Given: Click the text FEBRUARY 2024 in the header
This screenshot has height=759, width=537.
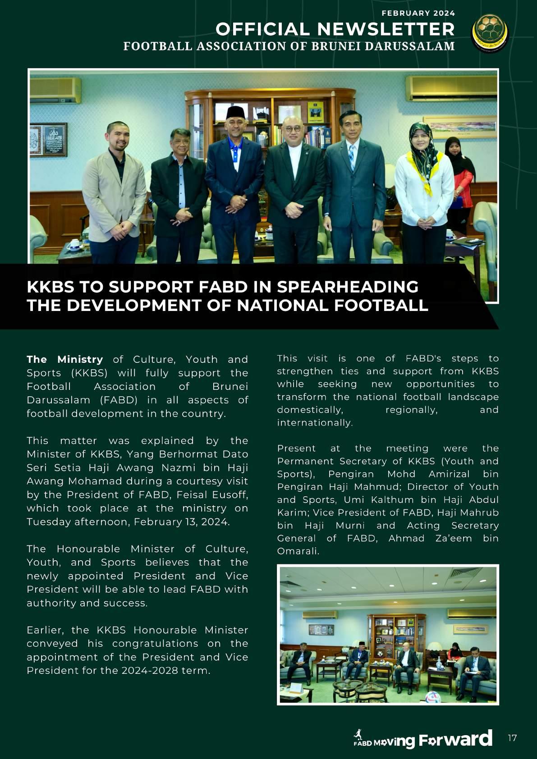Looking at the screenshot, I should (x=418, y=13).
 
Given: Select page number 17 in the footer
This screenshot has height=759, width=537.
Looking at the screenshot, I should (x=512, y=738).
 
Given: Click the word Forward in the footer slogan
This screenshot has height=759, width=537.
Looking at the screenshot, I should (x=455, y=739).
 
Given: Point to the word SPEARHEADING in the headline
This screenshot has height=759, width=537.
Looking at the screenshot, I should (x=348, y=287).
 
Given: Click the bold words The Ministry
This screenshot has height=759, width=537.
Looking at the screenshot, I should (x=65, y=359).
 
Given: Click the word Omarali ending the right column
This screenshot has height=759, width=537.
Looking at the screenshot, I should (x=298, y=551).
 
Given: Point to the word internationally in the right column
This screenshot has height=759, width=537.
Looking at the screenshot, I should (x=314, y=422).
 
